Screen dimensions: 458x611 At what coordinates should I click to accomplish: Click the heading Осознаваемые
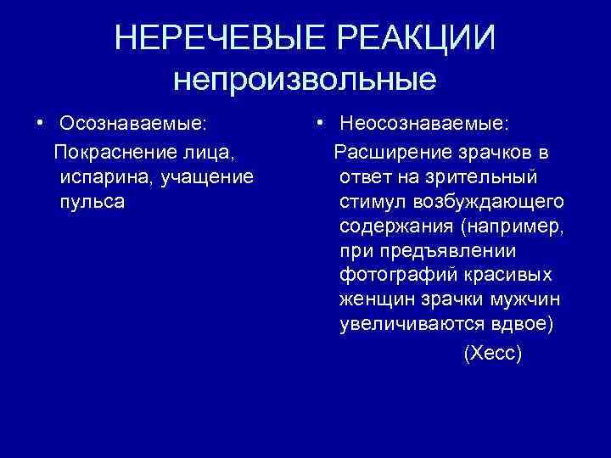(132, 125)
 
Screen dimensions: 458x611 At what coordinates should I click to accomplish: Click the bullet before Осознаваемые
(41, 125)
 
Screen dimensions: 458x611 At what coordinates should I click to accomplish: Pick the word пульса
(92, 201)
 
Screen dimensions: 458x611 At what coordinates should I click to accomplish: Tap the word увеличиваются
(408, 325)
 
